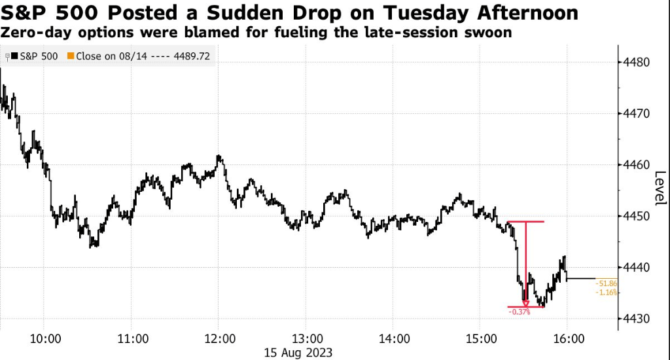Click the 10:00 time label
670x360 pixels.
tap(46, 339)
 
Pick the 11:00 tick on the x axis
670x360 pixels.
tap(133, 339)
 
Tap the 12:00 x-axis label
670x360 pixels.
tap(220, 339)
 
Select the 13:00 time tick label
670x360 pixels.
tap(308, 339)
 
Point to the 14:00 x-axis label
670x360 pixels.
tap(395, 339)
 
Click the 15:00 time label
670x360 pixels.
tap(482, 339)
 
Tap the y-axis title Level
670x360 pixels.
tap(660, 187)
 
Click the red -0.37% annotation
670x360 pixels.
tap(519, 312)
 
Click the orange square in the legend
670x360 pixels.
tap(71, 56)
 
